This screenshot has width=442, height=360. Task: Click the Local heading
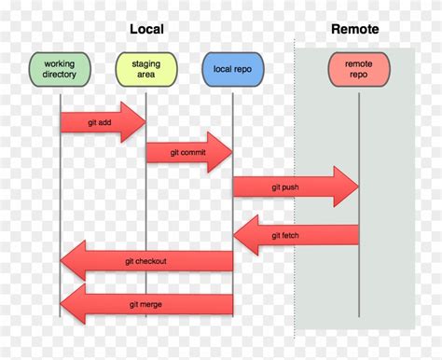[145, 29]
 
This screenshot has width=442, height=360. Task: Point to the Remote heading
[355, 29]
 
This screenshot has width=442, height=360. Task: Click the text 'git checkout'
[146, 262]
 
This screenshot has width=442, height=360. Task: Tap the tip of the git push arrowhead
[358, 187]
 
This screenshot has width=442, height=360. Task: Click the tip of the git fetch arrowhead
[233, 234]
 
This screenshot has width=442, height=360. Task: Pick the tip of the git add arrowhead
[146, 122]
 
